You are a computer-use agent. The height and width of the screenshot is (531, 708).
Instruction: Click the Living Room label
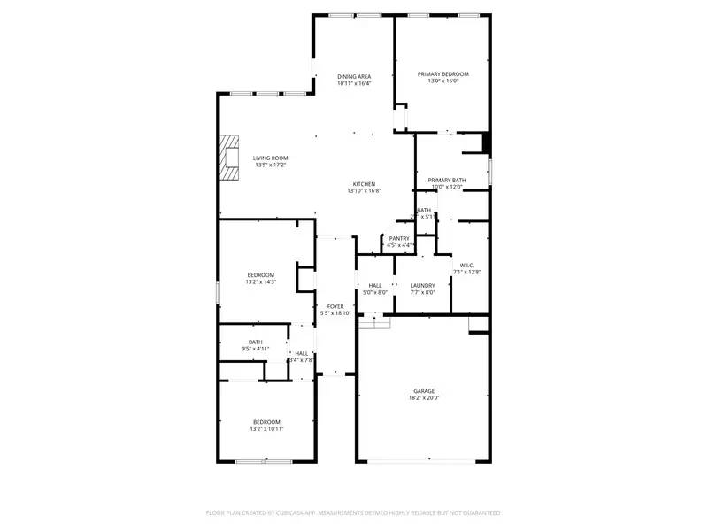coord(270,158)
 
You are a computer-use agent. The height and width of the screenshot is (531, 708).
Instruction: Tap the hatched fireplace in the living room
coord(230,158)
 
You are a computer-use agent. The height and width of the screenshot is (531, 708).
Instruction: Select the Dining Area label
coord(353,76)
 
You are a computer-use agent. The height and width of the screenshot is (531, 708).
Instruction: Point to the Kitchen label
coord(364,184)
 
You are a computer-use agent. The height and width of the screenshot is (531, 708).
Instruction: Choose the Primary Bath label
coord(447,180)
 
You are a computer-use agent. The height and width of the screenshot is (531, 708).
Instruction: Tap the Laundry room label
coord(423,285)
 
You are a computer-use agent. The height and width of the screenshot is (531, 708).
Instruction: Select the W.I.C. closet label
coord(466,265)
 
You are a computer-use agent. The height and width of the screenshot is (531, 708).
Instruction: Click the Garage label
coord(424,390)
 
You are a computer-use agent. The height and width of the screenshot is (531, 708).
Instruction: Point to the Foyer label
coord(335,306)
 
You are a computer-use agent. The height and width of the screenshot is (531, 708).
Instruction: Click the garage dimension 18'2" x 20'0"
coord(424,398)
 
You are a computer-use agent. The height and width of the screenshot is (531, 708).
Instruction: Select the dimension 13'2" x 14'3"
coord(261,282)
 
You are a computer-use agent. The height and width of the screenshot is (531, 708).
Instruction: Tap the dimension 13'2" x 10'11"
coord(266,429)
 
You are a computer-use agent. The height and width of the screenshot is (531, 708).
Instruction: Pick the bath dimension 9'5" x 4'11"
coord(255,350)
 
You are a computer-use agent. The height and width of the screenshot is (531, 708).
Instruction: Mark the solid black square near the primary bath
coord(485,142)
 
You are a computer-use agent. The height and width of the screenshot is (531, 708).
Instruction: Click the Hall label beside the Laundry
coord(375,285)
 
